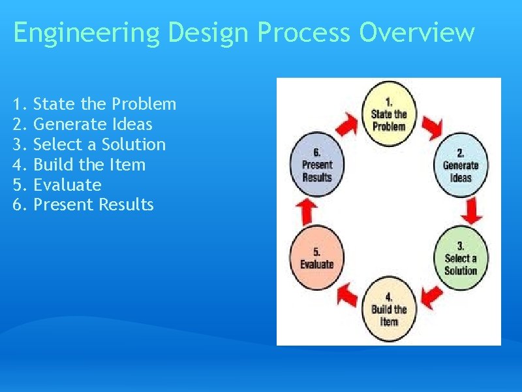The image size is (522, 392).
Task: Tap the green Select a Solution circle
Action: pos(460,258)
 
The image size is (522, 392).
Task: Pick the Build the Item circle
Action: pos(389,310)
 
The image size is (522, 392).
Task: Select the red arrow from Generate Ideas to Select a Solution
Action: pos(475,210)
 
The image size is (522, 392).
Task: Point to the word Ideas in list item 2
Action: pos(130,124)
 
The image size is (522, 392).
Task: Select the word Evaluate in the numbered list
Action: pos(67,185)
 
